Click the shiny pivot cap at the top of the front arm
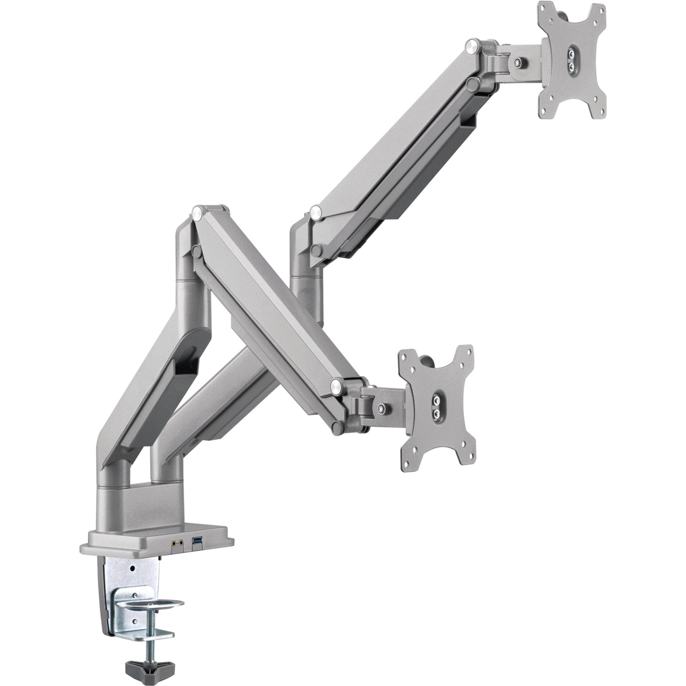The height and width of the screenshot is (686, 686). click(198, 211)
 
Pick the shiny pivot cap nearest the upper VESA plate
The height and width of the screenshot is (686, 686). click(471, 46)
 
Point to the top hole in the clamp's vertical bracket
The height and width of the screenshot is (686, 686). click(132, 568)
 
